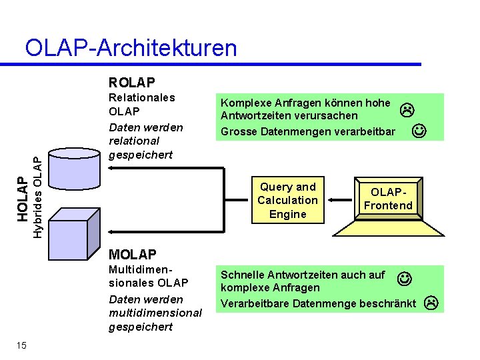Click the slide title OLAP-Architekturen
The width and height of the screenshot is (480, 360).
[x=131, y=48]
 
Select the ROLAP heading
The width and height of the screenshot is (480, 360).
[x=132, y=83]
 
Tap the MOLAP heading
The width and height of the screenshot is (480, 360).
[x=132, y=254]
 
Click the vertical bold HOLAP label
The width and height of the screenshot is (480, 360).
[x=21, y=198]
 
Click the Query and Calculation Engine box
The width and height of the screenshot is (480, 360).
[x=287, y=200]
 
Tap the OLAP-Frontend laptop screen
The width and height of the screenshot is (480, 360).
[x=387, y=199]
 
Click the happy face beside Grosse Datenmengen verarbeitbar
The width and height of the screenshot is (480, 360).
[x=419, y=131]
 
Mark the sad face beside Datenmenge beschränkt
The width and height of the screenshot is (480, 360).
[x=431, y=303]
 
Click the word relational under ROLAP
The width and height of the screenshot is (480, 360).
[x=133, y=141]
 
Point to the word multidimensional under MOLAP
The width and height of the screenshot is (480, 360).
[x=155, y=313]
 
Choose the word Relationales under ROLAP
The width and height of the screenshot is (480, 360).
[x=141, y=97]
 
